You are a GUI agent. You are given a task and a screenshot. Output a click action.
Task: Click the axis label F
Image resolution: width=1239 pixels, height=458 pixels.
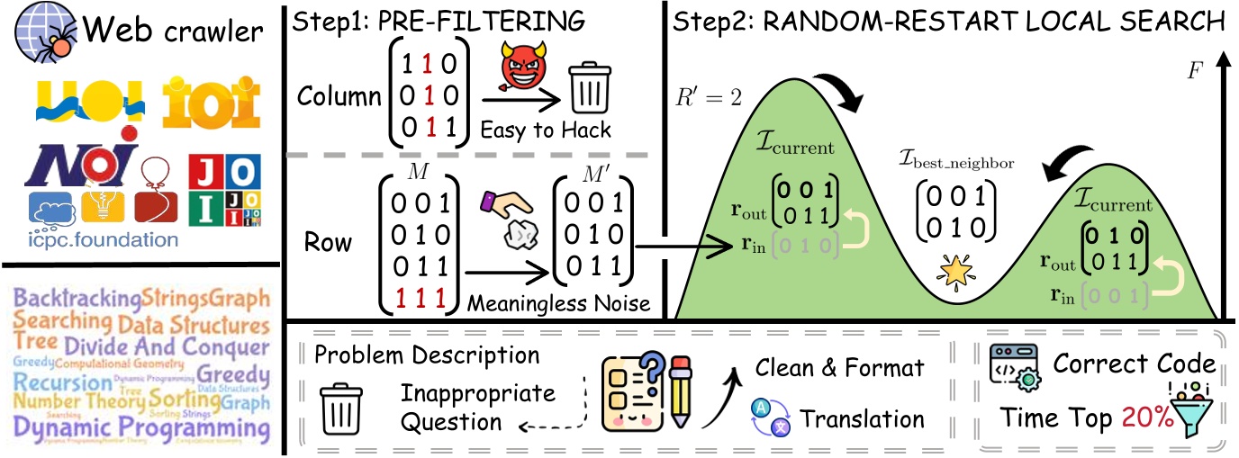click(x=1196, y=69)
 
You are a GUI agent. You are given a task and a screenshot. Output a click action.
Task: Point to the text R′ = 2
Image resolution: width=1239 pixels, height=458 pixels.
click(x=710, y=96)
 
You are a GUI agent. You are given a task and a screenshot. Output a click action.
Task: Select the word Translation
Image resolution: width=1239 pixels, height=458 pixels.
click(x=862, y=419)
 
